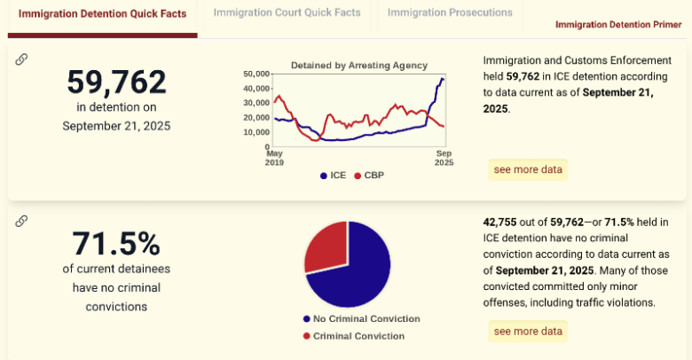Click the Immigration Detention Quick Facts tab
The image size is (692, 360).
[102, 13]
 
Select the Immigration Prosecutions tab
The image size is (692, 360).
[450, 13]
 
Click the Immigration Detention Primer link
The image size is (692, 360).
[618, 25]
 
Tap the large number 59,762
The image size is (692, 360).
[116, 82]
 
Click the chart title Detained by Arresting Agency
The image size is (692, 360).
[359, 65]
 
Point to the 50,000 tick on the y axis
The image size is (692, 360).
[256, 74]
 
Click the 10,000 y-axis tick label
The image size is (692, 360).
[256, 132]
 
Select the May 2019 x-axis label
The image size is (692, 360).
[275, 158]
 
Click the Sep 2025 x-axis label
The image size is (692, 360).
[444, 158]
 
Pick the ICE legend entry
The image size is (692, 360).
[333, 176]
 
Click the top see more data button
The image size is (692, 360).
[528, 169]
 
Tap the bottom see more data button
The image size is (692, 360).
[528, 331]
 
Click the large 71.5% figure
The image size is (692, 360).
[116, 243]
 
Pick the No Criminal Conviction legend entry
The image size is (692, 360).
[360, 319]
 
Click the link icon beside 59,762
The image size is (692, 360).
[21, 59]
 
